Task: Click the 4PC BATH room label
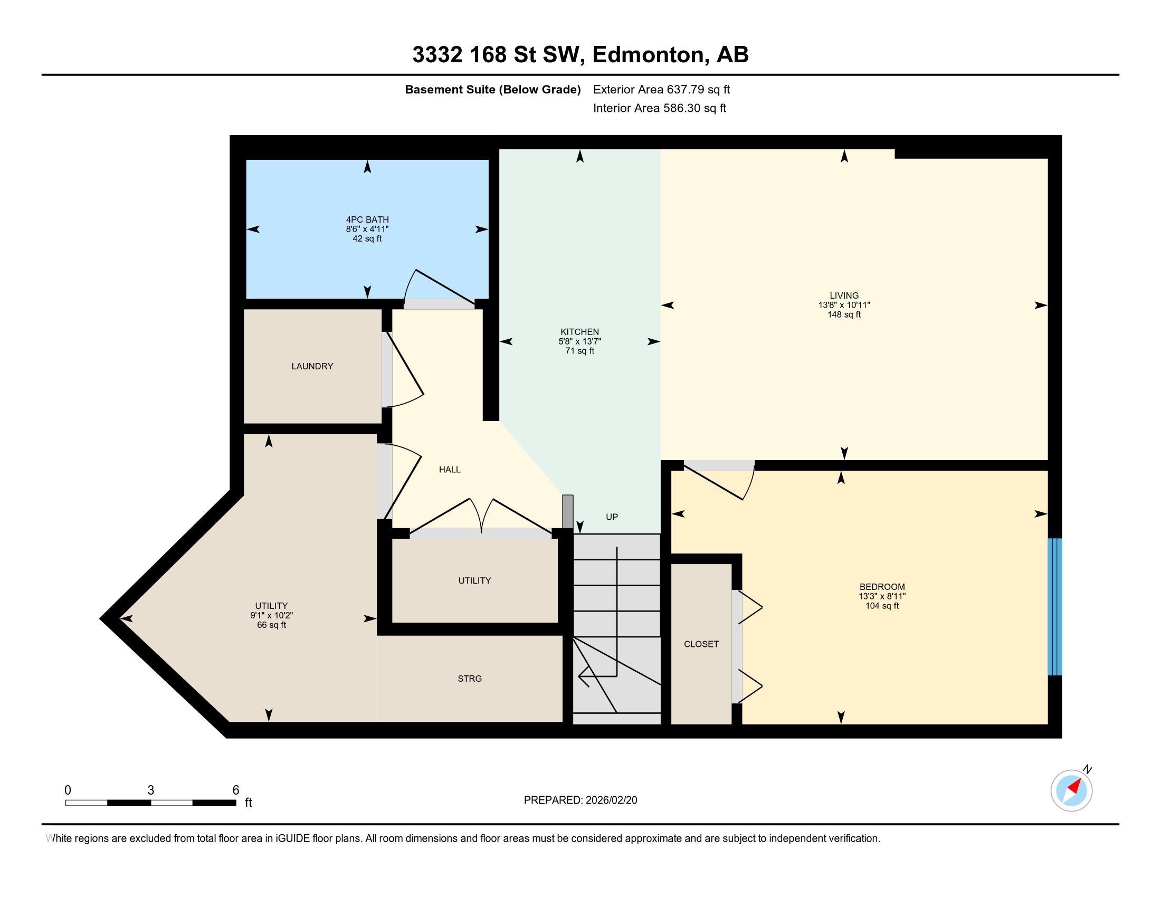[x=367, y=220]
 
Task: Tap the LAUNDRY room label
[x=312, y=366]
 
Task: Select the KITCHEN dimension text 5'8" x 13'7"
[x=579, y=341]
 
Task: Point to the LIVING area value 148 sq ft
[x=844, y=314]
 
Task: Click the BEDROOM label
[x=882, y=587]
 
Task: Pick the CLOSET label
[x=701, y=644]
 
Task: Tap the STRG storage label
[x=469, y=679]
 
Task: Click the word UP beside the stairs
[x=612, y=517]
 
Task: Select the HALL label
[x=449, y=469]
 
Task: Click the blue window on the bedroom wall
[x=1054, y=606]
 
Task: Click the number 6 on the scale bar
[x=235, y=790]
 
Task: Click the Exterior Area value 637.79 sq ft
[x=698, y=90]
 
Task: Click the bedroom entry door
[x=718, y=481]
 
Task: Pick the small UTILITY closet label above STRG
[x=474, y=581]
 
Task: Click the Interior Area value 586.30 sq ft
[x=694, y=108]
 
